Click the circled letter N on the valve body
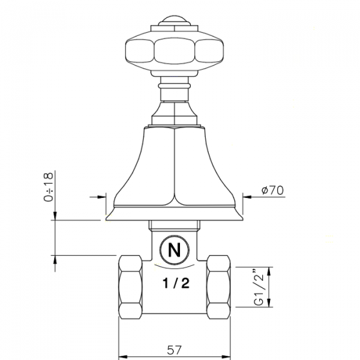174,250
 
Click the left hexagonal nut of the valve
130,287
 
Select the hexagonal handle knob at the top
174,50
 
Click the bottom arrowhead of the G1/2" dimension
268,304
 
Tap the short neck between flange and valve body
174,227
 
